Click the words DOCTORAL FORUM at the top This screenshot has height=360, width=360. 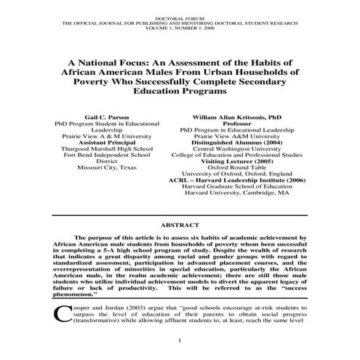click(x=180, y=15)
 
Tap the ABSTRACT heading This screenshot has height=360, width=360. click(x=180, y=226)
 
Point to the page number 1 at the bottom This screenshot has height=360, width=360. click(x=180, y=341)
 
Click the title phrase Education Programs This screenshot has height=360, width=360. click(x=180, y=92)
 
